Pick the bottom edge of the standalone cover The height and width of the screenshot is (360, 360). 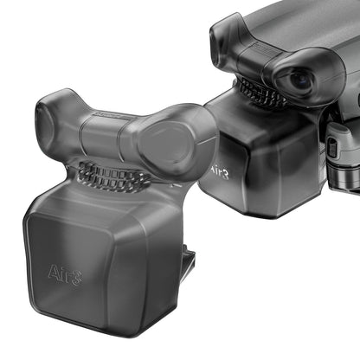(x=104, y=332)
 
